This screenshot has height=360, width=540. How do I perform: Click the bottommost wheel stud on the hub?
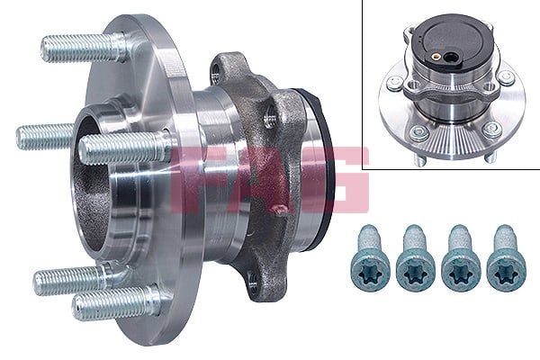pos(112,303)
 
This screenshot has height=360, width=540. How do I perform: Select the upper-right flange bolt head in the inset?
pos(507,78)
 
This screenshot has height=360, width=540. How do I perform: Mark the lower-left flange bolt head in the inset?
pos(415,132)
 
